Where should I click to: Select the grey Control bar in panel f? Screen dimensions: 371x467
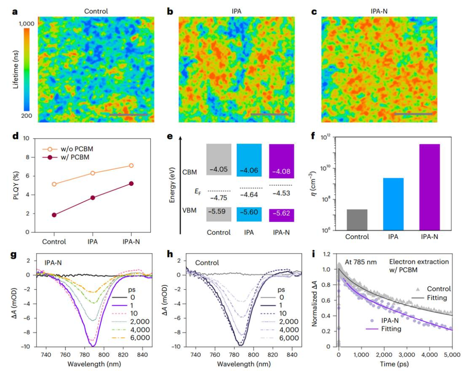tap(357, 219)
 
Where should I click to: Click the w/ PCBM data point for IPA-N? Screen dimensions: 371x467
tap(131, 183)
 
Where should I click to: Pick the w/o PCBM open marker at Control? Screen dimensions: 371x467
tap(54, 184)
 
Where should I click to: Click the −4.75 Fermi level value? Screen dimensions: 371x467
tap(220, 198)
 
